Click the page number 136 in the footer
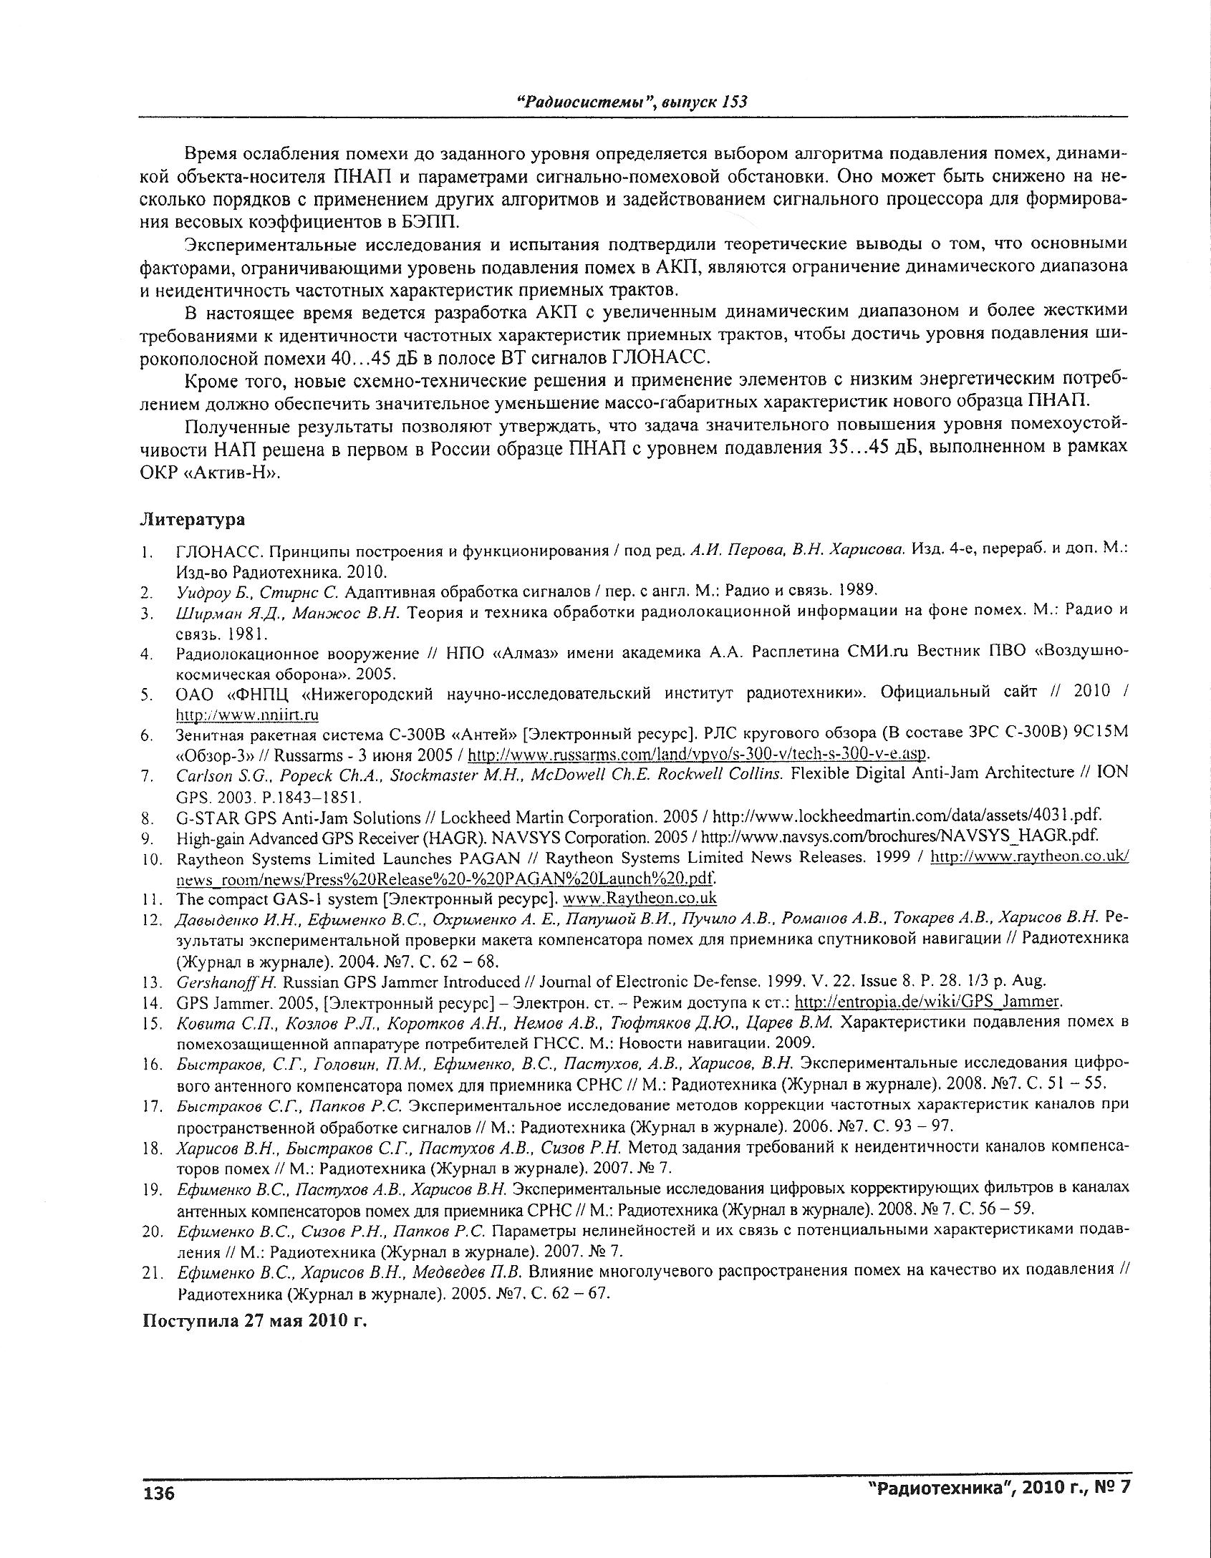click(x=160, y=1494)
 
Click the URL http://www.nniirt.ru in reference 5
click(x=247, y=715)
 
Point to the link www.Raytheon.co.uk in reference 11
click(x=640, y=898)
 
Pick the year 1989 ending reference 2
click(x=852, y=591)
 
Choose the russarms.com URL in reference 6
click(x=698, y=755)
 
